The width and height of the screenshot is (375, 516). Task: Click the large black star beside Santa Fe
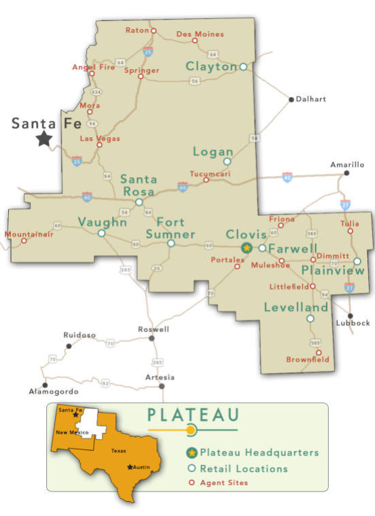(44, 139)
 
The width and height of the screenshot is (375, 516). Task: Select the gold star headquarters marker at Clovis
(247, 248)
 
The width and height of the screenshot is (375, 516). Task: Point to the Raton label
(137, 30)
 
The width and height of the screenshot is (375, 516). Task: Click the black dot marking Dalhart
(291, 99)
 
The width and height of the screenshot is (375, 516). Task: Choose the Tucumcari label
(210, 173)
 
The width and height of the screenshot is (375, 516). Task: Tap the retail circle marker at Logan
(228, 162)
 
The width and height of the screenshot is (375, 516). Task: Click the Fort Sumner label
(171, 227)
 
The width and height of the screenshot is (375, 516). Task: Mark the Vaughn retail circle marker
(101, 233)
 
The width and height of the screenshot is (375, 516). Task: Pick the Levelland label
(296, 308)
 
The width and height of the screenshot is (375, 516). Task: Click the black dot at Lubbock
(351, 316)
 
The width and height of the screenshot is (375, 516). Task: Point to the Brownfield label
(307, 358)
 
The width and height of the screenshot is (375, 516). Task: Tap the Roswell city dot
(151, 337)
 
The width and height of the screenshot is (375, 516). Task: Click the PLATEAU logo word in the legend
(193, 413)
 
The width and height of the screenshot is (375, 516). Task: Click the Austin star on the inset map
(130, 466)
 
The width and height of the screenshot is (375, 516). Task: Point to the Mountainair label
(28, 234)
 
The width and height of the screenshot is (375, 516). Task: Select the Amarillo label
(347, 164)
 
